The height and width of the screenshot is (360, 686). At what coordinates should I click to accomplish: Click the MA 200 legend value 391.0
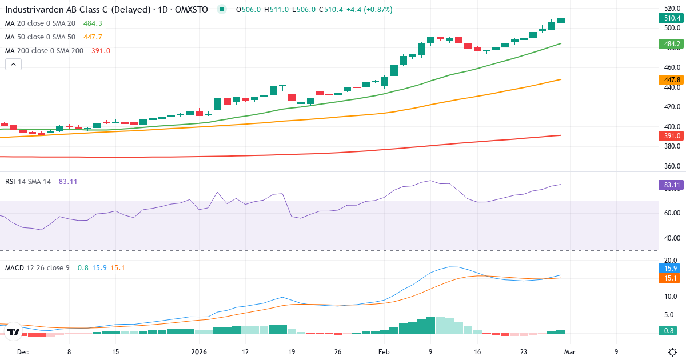101,51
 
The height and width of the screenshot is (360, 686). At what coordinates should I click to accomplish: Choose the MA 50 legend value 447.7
92,37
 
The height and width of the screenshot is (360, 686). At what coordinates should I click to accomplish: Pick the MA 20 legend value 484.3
92,23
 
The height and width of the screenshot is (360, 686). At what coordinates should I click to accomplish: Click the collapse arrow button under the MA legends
13,65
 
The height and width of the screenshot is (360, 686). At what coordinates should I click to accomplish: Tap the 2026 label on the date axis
198,352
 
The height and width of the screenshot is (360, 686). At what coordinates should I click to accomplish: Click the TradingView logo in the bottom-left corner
14,331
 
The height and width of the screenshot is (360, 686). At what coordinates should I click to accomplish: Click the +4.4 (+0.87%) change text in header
370,10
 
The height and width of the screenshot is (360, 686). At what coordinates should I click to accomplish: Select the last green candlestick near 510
561,20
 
